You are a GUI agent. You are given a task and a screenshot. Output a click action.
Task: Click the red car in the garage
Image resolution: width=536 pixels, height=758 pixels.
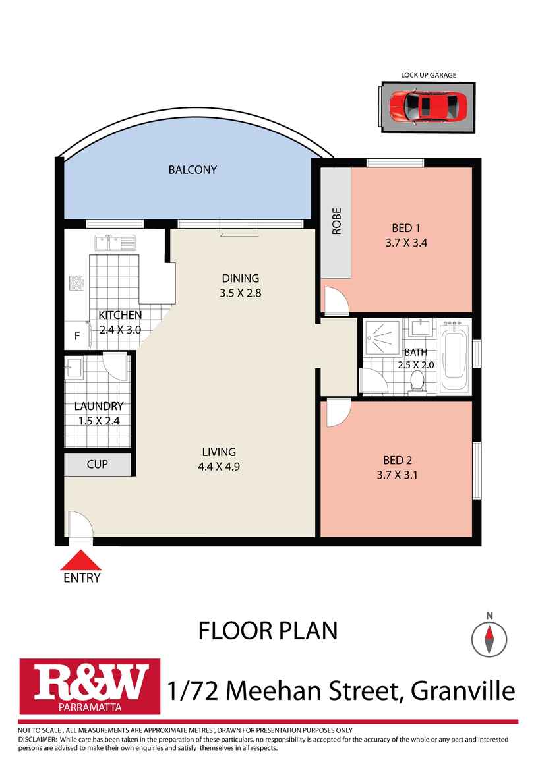click(428, 107)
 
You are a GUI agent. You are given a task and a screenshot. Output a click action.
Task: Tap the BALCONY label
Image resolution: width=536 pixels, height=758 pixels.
click(193, 169)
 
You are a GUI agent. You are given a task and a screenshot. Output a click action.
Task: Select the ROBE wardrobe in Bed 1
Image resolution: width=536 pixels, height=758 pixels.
click(336, 223)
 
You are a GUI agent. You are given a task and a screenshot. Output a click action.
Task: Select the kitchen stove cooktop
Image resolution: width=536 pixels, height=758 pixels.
click(76, 283)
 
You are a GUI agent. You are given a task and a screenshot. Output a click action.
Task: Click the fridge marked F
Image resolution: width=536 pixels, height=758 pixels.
click(77, 335)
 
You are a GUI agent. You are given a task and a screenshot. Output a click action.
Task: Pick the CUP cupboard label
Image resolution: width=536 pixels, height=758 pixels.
click(97, 464)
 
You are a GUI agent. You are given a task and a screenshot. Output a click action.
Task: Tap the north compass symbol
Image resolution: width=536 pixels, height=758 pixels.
click(489, 639)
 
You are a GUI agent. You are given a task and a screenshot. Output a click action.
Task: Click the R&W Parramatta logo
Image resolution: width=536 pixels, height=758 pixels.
click(90, 686)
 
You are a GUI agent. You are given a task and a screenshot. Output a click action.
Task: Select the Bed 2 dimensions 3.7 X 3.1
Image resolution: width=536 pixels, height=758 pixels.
click(397, 475)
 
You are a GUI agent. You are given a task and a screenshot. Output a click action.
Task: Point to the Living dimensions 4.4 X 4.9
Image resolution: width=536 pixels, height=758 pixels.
click(219, 467)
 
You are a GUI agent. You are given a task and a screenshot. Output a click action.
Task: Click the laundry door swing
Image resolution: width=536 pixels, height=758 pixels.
click(115, 366)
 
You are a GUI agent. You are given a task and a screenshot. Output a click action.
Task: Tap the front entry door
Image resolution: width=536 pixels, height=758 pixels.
click(80, 524)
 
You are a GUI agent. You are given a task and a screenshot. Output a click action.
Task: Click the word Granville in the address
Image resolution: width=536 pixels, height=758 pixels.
click(463, 691)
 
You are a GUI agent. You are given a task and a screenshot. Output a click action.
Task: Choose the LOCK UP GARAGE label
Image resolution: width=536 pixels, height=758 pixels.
click(429, 75)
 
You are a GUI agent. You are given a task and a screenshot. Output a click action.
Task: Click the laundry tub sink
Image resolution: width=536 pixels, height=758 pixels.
click(74, 366)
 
